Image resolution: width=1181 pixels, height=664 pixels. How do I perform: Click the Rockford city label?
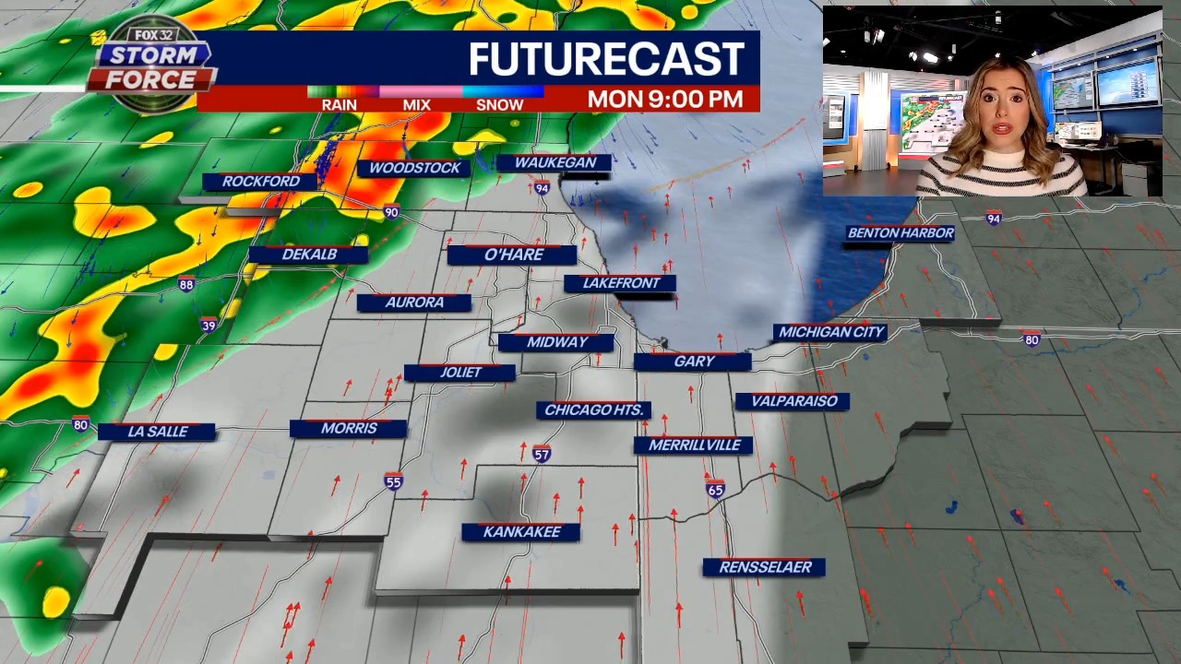click(x=260, y=182)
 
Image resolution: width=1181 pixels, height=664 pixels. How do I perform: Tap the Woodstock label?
click(x=414, y=168)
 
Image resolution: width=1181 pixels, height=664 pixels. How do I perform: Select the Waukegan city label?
click(x=555, y=162)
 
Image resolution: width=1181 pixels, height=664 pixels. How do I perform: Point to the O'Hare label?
click(x=514, y=255)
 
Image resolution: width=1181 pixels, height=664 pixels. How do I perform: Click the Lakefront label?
click(x=621, y=283)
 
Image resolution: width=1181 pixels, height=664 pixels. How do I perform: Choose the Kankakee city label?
click(x=521, y=532)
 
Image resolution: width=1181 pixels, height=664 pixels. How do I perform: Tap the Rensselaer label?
click(x=765, y=567)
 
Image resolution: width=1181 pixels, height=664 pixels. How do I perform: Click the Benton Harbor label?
click(x=901, y=233)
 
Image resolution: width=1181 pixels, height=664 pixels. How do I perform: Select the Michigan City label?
click(x=831, y=332)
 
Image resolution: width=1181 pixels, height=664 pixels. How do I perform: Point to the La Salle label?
click(x=157, y=432)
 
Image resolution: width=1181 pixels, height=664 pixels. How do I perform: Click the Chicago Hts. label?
click(x=593, y=410)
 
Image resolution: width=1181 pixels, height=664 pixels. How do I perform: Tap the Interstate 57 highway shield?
click(x=542, y=455)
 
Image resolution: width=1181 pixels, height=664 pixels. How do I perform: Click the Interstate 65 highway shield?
click(x=716, y=490)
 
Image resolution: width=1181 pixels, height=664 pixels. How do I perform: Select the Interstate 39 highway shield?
click(x=209, y=325)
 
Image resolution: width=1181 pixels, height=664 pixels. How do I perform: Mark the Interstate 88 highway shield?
click(x=186, y=284)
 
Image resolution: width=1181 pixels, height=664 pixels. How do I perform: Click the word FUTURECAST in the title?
click(x=606, y=59)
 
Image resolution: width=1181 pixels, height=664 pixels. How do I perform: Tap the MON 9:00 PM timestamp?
click(x=665, y=100)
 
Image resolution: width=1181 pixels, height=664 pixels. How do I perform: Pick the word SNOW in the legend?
click(x=499, y=105)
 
